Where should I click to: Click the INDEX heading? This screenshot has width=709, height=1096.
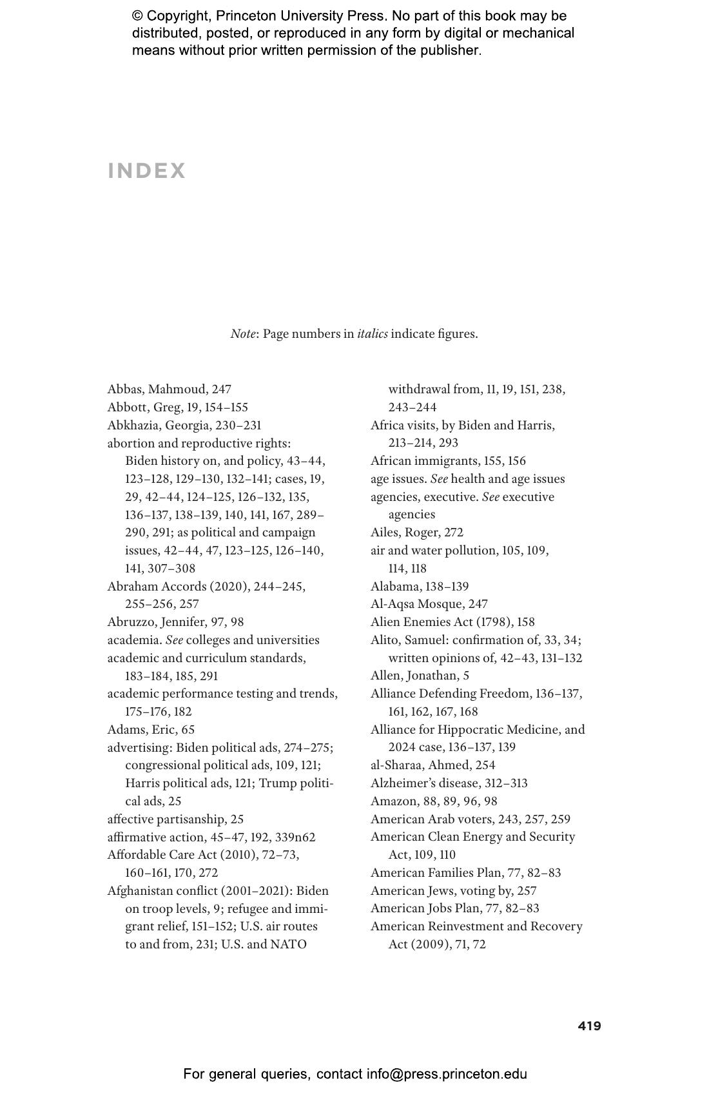click(147, 171)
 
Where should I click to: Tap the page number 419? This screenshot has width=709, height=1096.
click(589, 1026)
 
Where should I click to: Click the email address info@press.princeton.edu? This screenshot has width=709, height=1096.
click(447, 1074)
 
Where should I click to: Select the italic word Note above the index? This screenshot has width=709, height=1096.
click(243, 334)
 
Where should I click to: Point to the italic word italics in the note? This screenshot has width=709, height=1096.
click(373, 334)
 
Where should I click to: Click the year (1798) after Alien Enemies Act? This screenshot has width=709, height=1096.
click(491, 622)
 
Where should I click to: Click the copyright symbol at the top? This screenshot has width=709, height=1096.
click(137, 16)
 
